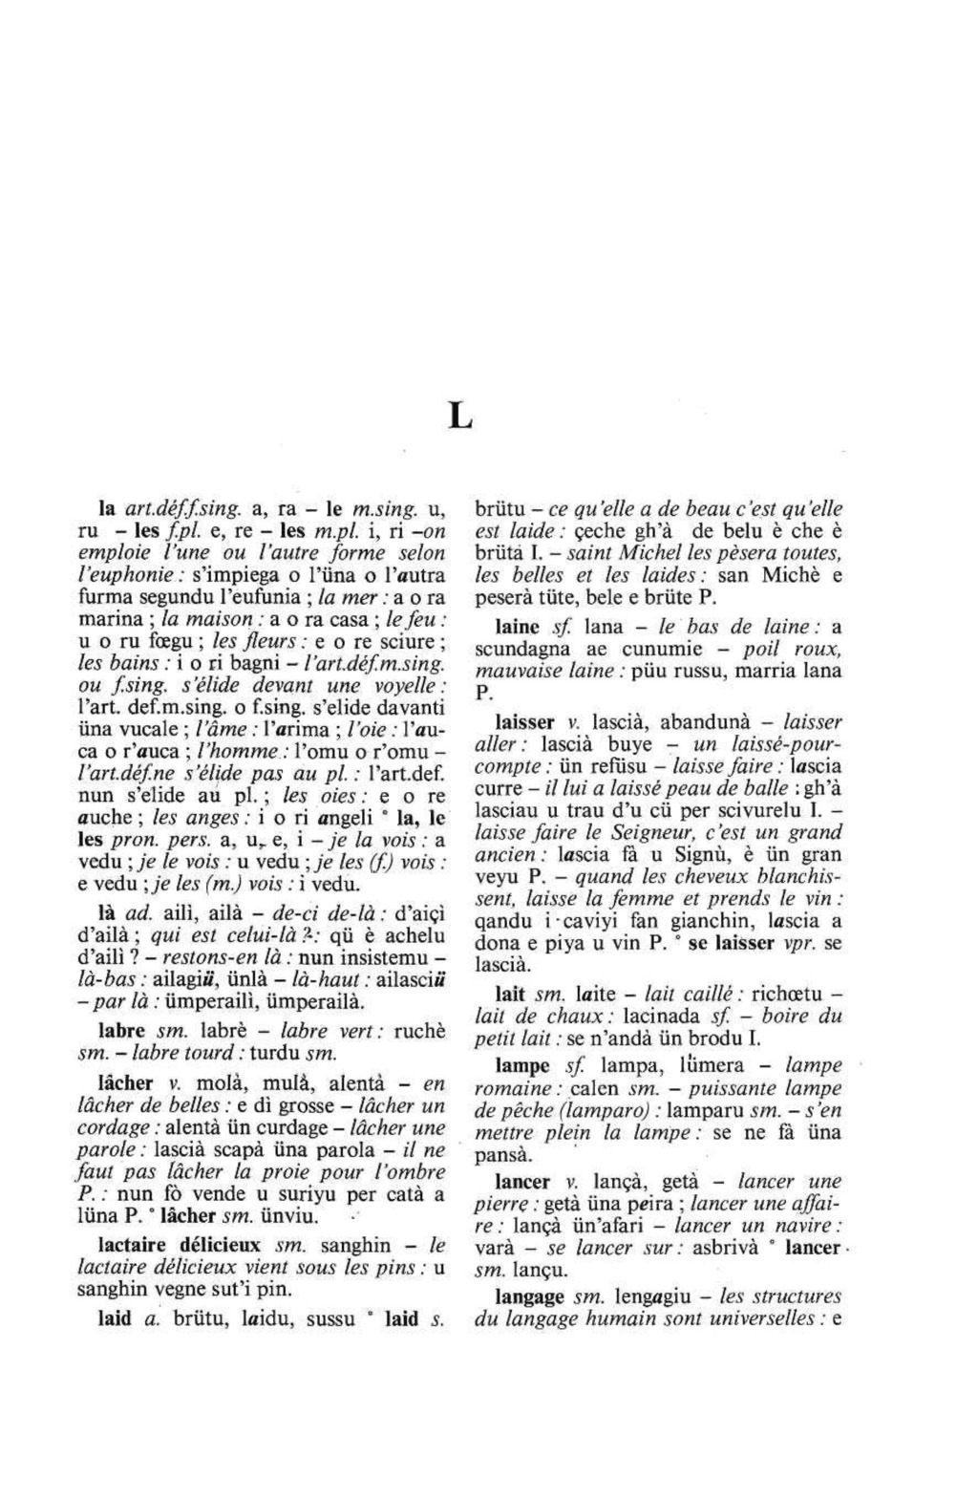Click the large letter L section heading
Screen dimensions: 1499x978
(460, 418)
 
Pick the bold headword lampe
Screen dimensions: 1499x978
(523, 1065)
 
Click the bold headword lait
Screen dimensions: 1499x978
(514, 994)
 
